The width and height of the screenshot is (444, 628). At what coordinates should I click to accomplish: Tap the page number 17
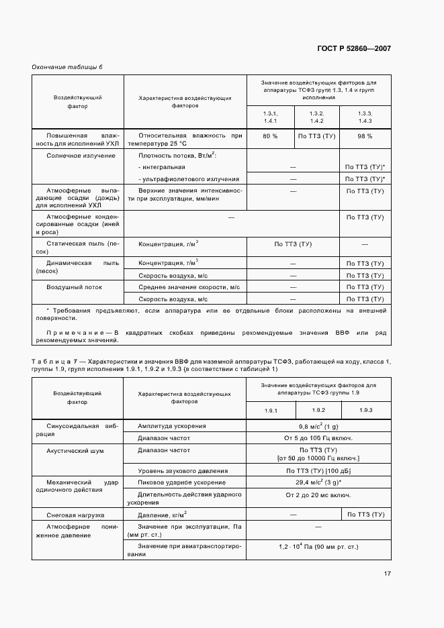point(388,573)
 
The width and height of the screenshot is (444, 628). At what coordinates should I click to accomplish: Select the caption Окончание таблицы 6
point(67,67)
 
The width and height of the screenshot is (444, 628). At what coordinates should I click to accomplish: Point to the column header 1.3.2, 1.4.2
point(317,117)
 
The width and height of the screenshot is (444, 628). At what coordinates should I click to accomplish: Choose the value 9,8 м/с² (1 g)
point(318,425)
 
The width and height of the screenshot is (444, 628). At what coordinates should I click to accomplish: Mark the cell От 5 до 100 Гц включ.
point(318,437)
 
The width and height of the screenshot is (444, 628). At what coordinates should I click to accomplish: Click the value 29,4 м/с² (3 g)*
point(318,482)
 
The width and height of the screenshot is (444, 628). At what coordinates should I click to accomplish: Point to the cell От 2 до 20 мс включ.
point(318,494)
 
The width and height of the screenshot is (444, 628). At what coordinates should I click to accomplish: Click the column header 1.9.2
point(318,409)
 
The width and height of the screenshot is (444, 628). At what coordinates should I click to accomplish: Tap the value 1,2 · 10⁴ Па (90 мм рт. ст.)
point(318,547)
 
